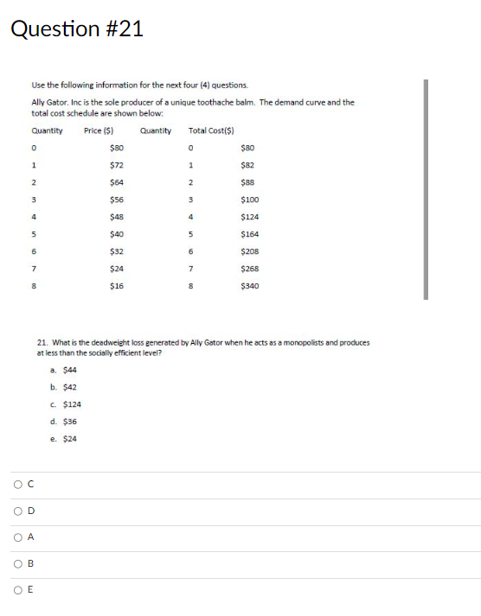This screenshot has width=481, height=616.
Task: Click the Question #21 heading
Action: (77, 29)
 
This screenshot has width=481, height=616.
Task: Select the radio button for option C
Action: (17, 486)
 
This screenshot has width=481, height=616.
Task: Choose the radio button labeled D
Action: (17, 512)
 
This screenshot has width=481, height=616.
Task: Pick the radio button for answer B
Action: (17, 565)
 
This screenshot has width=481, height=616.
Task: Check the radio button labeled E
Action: (17, 592)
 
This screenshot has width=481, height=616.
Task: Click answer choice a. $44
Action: (64, 370)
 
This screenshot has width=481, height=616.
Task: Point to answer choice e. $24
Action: (64, 439)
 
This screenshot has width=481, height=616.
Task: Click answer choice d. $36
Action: (64, 422)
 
